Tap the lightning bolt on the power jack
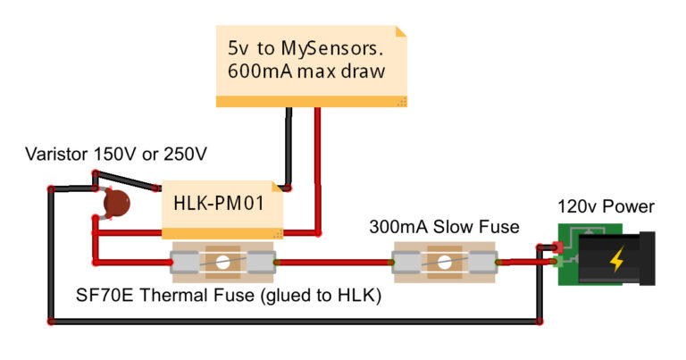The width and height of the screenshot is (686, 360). click(617, 260)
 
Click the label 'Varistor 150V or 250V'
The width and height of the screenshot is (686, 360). click(116, 155)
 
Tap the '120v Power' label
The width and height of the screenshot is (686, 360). click(606, 207)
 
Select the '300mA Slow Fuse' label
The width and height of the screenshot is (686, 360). click(444, 227)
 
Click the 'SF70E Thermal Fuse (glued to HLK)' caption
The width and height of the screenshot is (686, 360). click(229, 296)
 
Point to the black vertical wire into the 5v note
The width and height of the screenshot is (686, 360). click(289, 147)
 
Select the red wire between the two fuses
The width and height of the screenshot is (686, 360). click(335, 263)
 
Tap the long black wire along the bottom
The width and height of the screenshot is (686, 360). click(295, 319)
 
